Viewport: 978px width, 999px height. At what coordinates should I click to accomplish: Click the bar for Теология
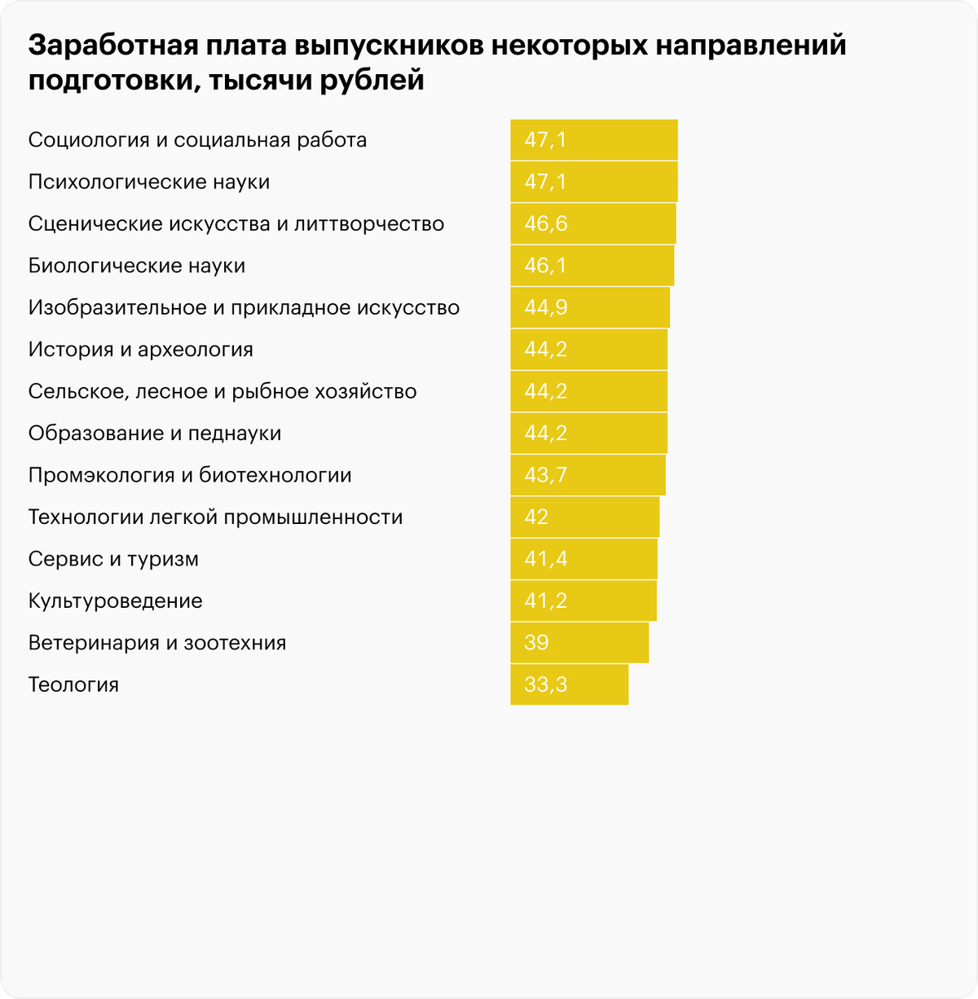(x=569, y=684)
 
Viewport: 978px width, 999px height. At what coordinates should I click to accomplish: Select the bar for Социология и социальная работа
(x=593, y=140)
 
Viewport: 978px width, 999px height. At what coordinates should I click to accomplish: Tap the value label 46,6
(x=545, y=224)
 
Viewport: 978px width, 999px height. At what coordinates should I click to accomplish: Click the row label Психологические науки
(x=148, y=182)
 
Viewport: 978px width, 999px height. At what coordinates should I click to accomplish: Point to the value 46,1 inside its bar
(x=545, y=266)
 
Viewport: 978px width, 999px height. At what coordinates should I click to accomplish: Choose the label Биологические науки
(x=136, y=266)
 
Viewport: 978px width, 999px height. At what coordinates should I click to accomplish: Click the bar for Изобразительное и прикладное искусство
(x=589, y=308)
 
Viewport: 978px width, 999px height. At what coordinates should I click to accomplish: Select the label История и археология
(x=140, y=350)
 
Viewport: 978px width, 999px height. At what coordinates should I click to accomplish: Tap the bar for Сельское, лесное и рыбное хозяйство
(x=588, y=391)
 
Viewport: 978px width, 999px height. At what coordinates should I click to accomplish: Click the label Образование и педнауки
(x=154, y=433)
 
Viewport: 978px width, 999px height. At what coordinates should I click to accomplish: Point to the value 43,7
(x=545, y=475)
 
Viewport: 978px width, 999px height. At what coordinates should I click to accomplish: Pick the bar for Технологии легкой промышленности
(x=584, y=517)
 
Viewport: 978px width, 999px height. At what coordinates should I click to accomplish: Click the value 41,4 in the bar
(x=545, y=559)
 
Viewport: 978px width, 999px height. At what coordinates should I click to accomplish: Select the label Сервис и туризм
(x=113, y=559)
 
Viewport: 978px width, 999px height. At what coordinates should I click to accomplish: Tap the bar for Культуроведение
(x=583, y=601)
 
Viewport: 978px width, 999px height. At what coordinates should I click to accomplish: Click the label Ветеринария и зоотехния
(x=156, y=643)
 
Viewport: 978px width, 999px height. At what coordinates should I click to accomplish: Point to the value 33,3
(x=545, y=684)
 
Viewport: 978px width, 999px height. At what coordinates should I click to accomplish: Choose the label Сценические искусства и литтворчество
(x=236, y=224)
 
